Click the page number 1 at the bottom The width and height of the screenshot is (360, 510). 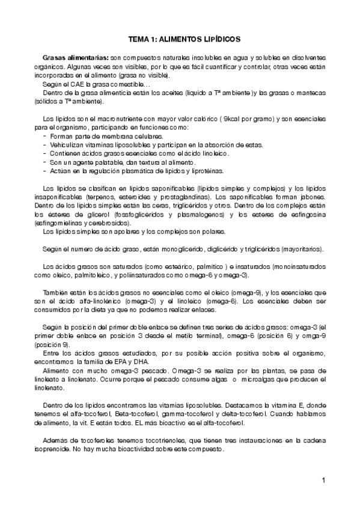323,479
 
